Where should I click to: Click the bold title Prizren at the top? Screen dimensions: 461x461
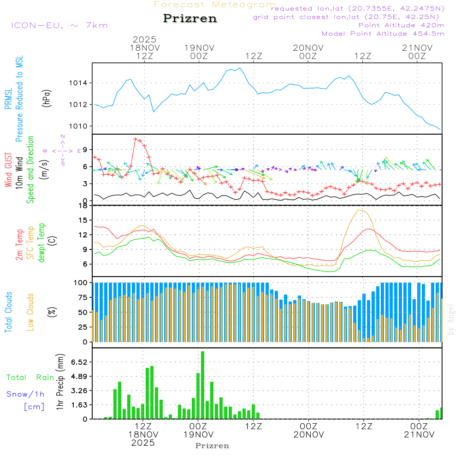coord(190,19)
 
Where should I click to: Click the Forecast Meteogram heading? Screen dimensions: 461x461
coord(215,5)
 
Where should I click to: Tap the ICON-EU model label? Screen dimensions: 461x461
coord(59,25)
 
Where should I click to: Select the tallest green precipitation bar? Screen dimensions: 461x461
coord(202,385)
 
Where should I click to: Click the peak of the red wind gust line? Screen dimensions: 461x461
coord(136,138)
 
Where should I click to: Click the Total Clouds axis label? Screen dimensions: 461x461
coord(8,312)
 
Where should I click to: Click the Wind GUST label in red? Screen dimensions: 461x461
coord(8,170)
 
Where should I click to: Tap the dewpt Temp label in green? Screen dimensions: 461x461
coord(41,242)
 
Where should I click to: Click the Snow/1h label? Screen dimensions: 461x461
coord(25,394)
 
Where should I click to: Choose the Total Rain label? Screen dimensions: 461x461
coord(30,377)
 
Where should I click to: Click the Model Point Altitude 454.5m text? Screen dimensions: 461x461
coord(383,34)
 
